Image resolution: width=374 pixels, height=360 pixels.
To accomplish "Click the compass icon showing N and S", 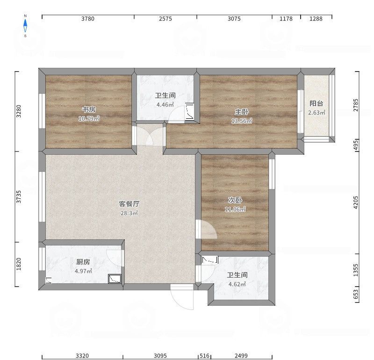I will pyautogui.click(x=26, y=26).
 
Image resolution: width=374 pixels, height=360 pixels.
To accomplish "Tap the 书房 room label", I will pyautogui.click(x=89, y=109).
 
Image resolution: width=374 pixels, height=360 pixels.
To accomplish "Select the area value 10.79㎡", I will pyautogui.click(x=89, y=118).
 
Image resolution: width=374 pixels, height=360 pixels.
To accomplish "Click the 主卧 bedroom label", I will pyautogui.click(x=242, y=112).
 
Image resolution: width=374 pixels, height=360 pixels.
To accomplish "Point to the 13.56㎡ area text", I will pyautogui.click(x=242, y=121).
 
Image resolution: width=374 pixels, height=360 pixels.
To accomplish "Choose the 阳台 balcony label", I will pyautogui.click(x=316, y=104).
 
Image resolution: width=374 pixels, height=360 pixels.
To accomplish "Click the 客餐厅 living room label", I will pyautogui.click(x=129, y=204).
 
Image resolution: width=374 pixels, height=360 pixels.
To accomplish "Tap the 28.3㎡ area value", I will pyautogui.click(x=129, y=213).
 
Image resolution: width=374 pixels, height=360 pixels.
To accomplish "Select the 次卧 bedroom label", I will pyautogui.click(x=235, y=200).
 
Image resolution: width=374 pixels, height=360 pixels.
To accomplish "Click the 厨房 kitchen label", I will pyautogui.click(x=83, y=262).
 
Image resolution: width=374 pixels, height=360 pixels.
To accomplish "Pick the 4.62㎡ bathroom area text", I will pyautogui.click(x=237, y=284).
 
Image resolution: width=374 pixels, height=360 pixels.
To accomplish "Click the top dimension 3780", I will pyautogui.click(x=88, y=19).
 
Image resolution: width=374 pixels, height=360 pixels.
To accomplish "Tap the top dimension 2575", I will pyautogui.click(x=165, y=19).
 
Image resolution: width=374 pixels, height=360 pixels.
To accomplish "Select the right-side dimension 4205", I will pyautogui.click(x=356, y=202).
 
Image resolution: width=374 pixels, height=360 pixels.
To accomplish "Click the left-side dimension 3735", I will pyautogui.click(x=19, y=197).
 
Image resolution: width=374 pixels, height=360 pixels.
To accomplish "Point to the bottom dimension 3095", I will pyautogui.click(x=160, y=356).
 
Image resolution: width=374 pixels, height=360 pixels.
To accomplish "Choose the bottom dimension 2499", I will pyautogui.click(x=240, y=356).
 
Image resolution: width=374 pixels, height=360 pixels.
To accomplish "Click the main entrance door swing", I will pyautogui.click(x=182, y=296).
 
